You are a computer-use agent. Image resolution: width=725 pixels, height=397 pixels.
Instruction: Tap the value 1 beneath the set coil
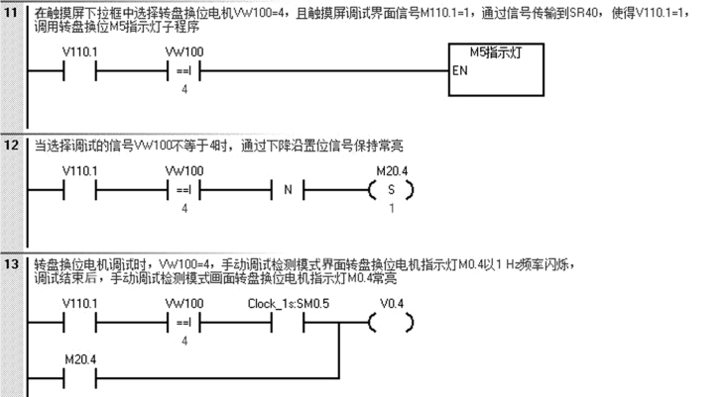[392, 208]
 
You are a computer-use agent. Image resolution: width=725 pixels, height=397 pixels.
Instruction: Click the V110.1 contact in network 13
[79, 323]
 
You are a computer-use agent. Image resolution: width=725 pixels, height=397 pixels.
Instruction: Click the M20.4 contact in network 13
[79, 375]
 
